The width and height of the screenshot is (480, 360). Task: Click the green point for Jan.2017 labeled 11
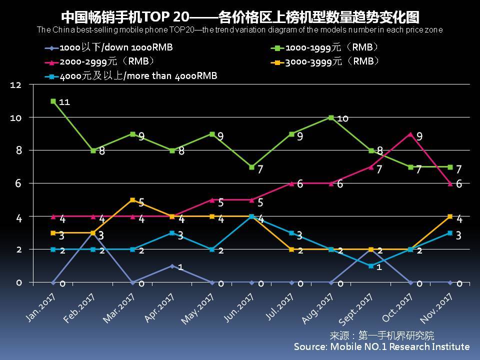click(53, 101)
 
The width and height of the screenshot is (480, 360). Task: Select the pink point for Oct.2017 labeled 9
click(410, 134)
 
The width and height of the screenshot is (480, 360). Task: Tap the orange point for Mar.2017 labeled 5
click(132, 200)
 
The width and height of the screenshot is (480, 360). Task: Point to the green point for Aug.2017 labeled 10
click(331, 117)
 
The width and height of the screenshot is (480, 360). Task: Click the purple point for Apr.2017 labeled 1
click(172, 266)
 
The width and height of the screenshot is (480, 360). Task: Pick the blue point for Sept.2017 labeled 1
click(370, 266)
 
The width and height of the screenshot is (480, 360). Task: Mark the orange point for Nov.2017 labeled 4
click(450, 216)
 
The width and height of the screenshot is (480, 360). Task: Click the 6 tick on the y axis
click(18, 183)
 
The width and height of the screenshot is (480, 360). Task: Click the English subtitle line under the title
click(239, 29)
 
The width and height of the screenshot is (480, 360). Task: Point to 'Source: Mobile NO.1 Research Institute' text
click(381, 346)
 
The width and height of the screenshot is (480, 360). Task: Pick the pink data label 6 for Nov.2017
click(458, 183)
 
